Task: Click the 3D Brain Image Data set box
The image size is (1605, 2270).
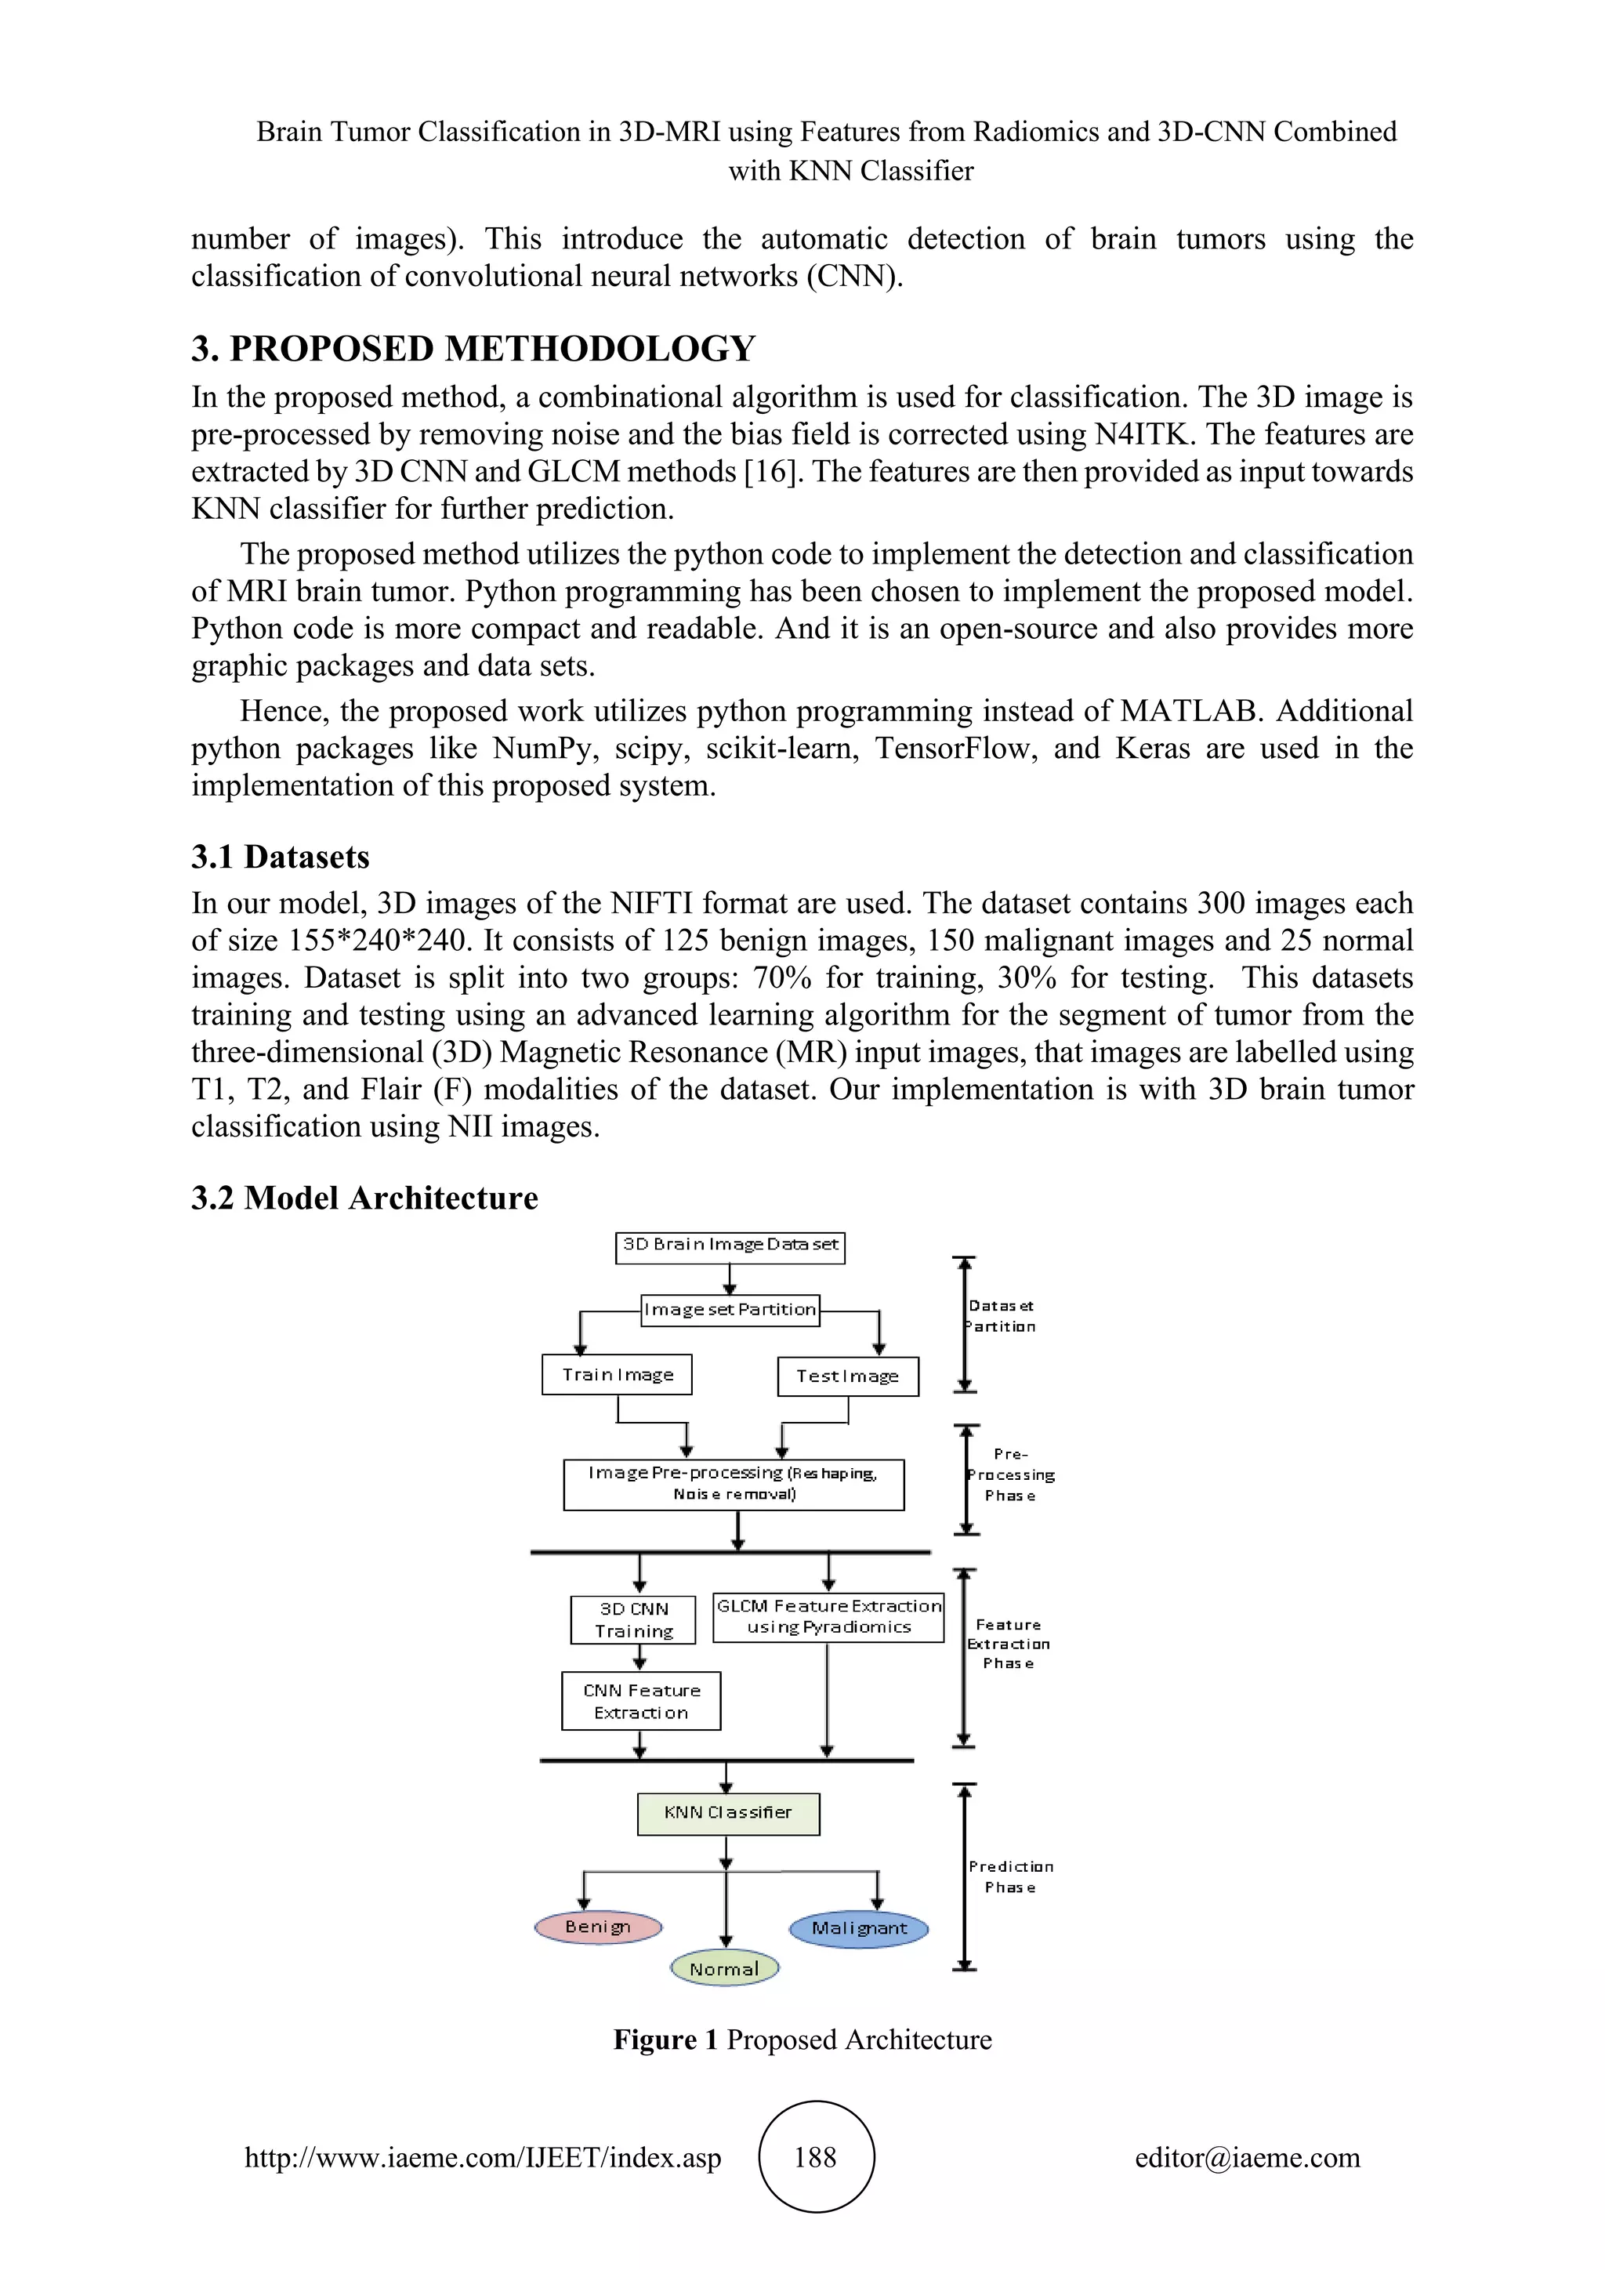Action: click(730, 1247)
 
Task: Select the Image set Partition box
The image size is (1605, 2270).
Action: click(730, 1310)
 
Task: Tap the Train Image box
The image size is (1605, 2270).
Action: click(617, 1376)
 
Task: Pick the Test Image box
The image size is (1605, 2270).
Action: click(848, 1376)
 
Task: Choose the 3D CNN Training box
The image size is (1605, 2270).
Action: click(633, 1619)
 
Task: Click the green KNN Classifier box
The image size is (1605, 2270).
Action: click(728, 1813)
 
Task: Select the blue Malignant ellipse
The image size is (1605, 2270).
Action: click(859, 1929)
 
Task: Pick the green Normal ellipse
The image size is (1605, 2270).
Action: click(724, 1968)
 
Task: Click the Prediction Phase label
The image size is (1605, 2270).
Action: click(1010, 1877)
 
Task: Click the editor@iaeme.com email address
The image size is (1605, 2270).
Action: click(1247, 2157)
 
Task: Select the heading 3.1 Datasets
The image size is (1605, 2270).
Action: click(281, 856)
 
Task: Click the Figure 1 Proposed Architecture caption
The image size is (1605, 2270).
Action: click(802, 2040)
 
